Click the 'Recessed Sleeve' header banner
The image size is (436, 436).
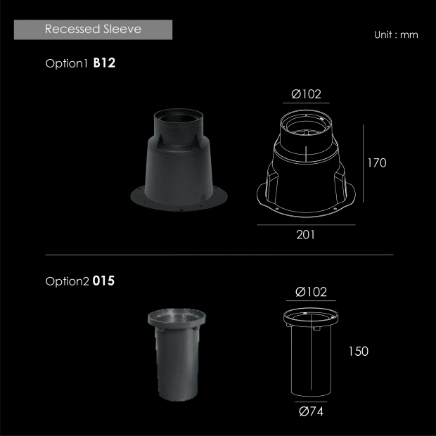(x=93, y=30)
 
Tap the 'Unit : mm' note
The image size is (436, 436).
(x=396, y=34)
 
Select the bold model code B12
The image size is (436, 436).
(x=104, y=63)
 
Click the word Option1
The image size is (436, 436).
(x=67, y=64)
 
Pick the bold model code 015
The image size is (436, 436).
(x=103, y=281)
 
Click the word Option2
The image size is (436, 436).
(x=67, y=281)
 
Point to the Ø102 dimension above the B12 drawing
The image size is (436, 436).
(x=306, y=94)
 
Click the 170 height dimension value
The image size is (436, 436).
(x=377, y=163)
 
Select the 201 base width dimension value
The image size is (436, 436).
(x=306, y=235)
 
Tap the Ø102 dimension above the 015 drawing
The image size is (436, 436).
(x=311, y=292)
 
